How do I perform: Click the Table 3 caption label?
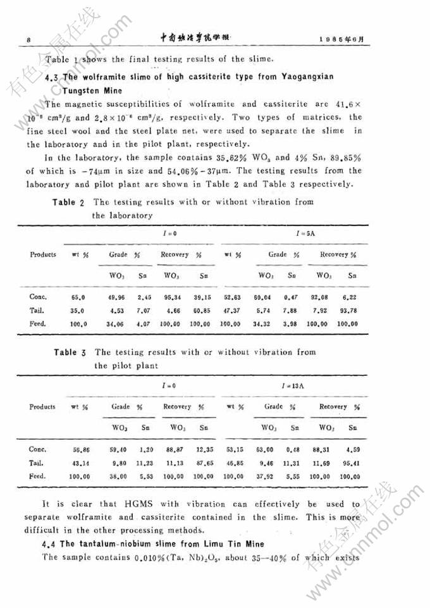point(74,352)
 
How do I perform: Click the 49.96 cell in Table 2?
point(118,296)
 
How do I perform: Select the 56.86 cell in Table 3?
point(82,449)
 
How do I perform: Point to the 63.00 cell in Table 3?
point(264,449)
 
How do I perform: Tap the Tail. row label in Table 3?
point(37,462)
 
